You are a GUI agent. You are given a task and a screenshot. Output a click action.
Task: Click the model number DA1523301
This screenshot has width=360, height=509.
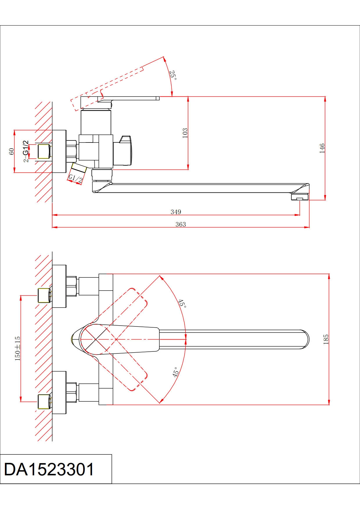click(49, 469)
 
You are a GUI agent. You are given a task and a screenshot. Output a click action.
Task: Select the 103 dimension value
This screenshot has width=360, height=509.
click(185, 133)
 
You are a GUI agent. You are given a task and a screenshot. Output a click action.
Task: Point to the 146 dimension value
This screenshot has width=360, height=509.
click(322, 148)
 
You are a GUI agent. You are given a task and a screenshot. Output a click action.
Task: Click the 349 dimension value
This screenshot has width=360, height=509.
click(176, 212)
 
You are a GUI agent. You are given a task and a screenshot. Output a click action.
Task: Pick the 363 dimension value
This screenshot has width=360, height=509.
click(181, 224)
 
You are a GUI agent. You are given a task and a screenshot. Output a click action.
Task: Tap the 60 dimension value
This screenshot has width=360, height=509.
click(12, 151)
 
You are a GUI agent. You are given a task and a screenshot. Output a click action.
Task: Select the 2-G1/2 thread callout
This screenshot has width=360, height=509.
click(26, 151)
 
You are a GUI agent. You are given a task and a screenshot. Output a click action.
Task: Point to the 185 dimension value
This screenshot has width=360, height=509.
click(326, 339)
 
